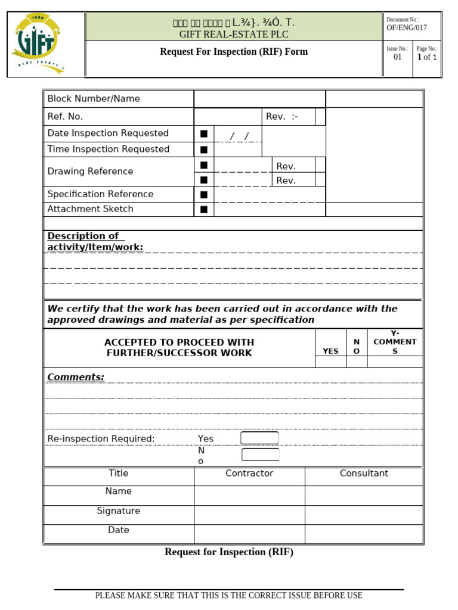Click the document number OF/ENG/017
pyautogui.click(x=407, y=28)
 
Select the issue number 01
pyautogui.click(x=397, y=57)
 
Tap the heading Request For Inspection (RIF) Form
pyautogui.click(x=234, y=52)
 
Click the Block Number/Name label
pyautogui.click(x=94, y=99)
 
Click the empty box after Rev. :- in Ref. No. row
pyautogui.click(x=320, y=117)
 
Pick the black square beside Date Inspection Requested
pyautogui.click(x=204, y=134)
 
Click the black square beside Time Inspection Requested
pyautogui.click(x=204, y=150)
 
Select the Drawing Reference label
pyautogui.click(x=90, y=172)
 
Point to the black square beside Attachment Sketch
pyautogui.click(x=204, y=209)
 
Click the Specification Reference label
pyautogui.click(x=100, y=194)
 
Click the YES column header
pyautogui.click(x=330, y=351)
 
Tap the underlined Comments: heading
pyautogui.click(x=76, y=377)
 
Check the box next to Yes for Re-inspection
pyautogui.click(x=259, y=438)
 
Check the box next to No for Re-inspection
pyautogui.click(x=260, y=455)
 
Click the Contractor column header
pyautogui.click(x=249, y=474)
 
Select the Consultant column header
pyautogui.click(x=364, y=474)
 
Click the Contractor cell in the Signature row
pyautogui.click(x=249, y=515)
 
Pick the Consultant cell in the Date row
pyautogui.click(x=364, y=534)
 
